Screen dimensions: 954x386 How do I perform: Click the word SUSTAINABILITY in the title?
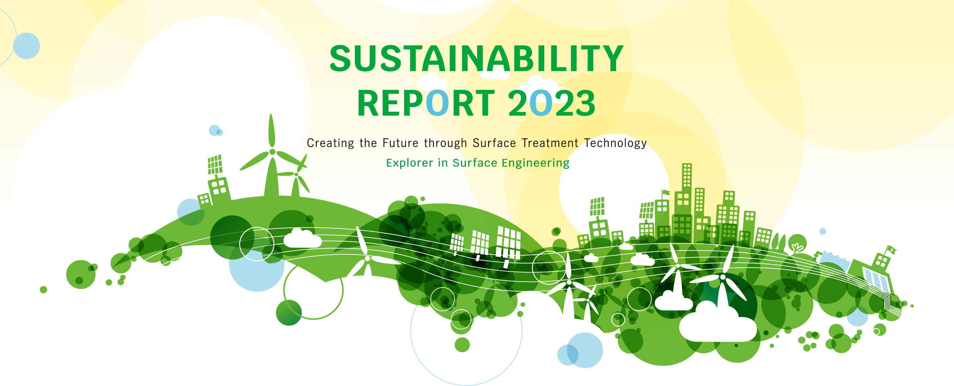click(476, 58)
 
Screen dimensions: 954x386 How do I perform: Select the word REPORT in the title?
click(426, 103)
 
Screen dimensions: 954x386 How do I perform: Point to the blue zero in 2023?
click(540, 103)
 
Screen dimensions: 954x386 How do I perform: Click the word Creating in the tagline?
click(330, 143)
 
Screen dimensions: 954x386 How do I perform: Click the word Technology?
click(615, 144)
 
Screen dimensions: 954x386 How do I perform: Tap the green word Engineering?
click(536, 163)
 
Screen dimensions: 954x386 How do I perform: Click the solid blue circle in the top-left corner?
click(26, 46)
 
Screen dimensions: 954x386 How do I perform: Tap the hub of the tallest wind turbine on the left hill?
click(272, 152)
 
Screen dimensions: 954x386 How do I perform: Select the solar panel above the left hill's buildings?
click(215, 164)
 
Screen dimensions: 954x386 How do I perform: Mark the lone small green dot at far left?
click(43, 289)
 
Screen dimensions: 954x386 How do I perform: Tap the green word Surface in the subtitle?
click(475, 163)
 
